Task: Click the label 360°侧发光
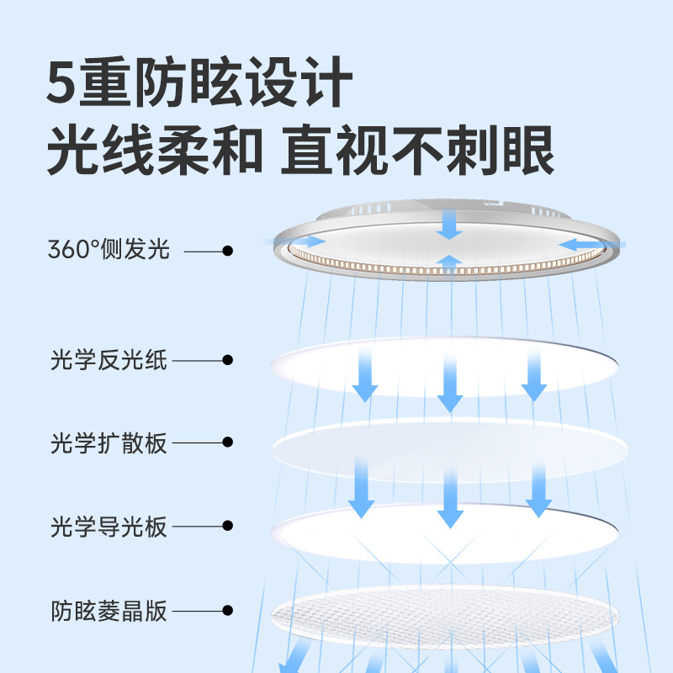[109, 250]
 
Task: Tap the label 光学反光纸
[109, 361]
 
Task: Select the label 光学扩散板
[109, 442]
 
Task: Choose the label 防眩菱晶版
[109, 611]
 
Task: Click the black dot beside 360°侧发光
[227, 250]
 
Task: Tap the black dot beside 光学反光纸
[227, 360]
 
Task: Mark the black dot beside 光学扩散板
[227, 442]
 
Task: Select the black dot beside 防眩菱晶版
[227, 610]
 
